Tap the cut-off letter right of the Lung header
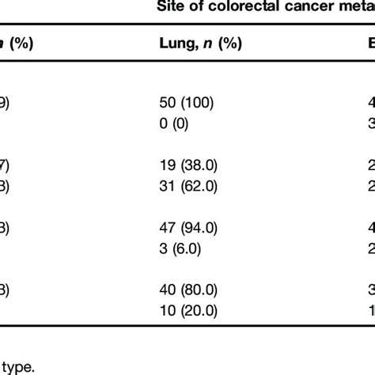point(369,45)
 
